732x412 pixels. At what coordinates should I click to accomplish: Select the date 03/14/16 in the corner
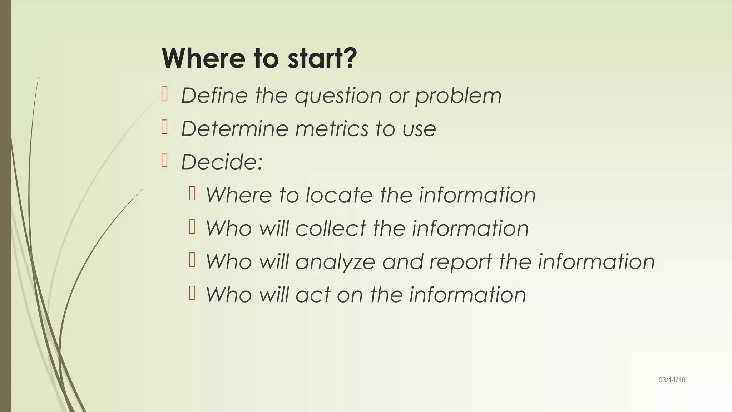(x=672, y=380)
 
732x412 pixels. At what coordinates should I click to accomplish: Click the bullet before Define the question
(x=164, y=94)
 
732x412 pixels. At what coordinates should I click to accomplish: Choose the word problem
(x=458, y=97)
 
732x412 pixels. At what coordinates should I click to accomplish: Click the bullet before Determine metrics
(x=164, y=127)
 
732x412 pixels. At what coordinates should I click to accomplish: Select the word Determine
(x=234, y=129)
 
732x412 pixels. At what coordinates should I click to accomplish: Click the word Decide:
(x=222, y=162)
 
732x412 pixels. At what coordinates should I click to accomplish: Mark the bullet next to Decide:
(x=164, y=161)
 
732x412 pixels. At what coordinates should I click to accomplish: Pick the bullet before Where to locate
(x=192, y=193)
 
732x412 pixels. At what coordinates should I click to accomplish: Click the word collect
(x=331, y=229)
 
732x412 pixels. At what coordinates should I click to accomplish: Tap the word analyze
(x=335, y=262)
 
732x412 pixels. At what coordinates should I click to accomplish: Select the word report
(x=461, y=262)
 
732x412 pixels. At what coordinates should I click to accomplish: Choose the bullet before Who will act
(x=192, y=293)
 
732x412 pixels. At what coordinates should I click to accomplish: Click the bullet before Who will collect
(x=192, y=227)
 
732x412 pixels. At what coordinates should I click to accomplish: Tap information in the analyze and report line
(x=596, y=262)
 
